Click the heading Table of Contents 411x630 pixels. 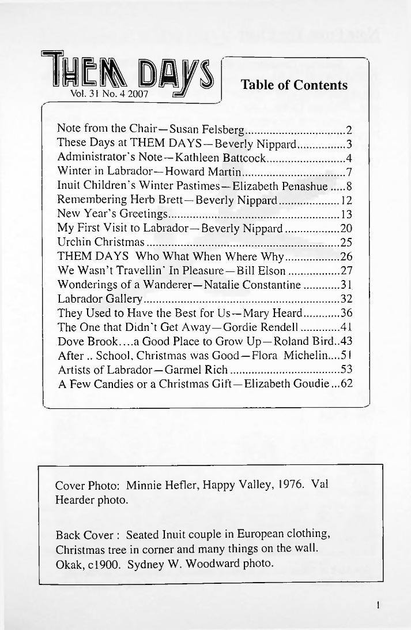pyautogui.click(x=294, y=85)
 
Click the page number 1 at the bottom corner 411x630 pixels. pyautogui.click(x=376, y=606)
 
